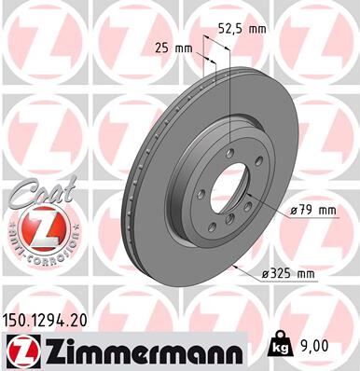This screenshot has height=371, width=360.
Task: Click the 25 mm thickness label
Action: pos(168,46)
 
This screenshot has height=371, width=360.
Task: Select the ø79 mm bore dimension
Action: pos(312,212)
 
